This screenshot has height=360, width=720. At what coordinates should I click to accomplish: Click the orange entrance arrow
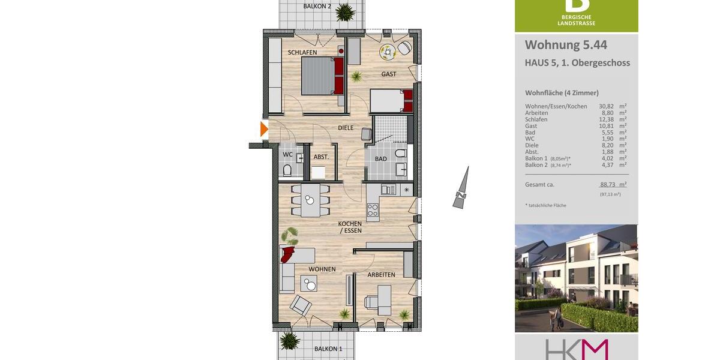tap(264, 128)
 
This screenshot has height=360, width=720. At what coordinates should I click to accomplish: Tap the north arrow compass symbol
tap(461, 188)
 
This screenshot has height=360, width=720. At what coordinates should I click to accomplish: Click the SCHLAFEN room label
tap(302, 53)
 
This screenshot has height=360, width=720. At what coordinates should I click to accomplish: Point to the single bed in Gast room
tap(391, 101)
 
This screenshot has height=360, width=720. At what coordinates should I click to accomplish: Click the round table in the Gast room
tap(387, 52)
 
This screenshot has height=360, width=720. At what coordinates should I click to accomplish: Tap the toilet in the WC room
tap(287, 170)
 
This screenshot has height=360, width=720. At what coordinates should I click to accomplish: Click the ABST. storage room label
tap(321, 157)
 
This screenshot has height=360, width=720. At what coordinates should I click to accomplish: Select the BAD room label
tap(381, 159)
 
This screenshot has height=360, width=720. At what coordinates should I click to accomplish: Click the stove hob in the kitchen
tap(373, 210)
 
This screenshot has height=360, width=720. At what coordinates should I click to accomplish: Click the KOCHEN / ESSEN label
tap(350, 227)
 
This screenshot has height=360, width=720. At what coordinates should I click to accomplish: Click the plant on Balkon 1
tap(290, 341)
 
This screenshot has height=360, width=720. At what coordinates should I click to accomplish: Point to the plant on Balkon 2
tap(345, 11)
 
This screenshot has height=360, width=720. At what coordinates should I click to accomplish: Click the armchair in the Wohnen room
tap(301, 306)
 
